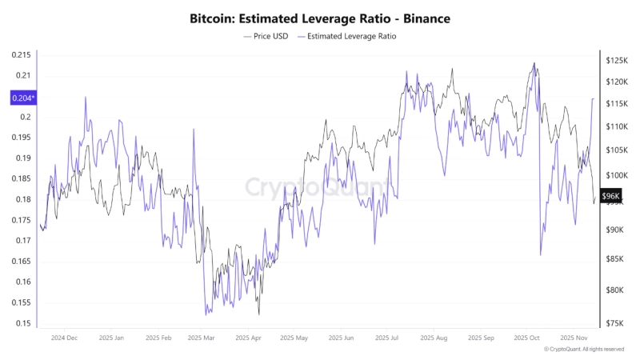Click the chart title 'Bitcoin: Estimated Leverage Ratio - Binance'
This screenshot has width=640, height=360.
tap(319, 17)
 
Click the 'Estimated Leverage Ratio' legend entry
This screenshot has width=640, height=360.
tap(350, 36)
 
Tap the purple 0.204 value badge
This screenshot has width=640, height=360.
tap(22, 98)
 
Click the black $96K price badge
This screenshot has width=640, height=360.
tap(610, 196)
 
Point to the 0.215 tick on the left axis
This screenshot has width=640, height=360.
tap(22, 54)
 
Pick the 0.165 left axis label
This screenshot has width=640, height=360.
tap(22, 261)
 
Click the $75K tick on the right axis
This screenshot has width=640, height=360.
tap(616, 323)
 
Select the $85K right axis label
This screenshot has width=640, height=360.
tap(616, 258)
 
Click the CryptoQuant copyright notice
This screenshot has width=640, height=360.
tap(584, 350)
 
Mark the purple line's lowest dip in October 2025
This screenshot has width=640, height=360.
tap(540, 255)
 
